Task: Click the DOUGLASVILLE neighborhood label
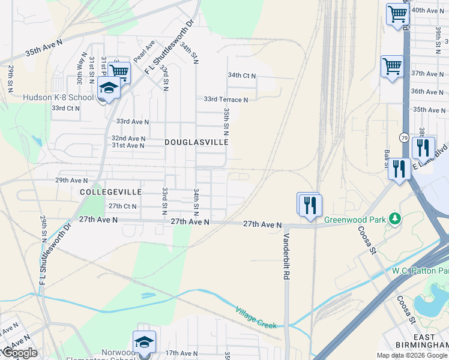coord(196,143)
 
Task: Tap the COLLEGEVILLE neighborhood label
coord(110,191)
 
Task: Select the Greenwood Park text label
coord(355,220)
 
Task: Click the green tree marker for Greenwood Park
coord(394,218)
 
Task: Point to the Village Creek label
coord(256,317)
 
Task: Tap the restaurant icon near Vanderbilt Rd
coord(310,205)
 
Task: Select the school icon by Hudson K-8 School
coord(109,88)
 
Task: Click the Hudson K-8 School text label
coord(58,98)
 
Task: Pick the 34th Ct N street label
coord(242,76)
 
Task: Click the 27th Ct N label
coord(122,206)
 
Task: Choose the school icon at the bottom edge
coord(144,342)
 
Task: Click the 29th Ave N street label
coord(71,180)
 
